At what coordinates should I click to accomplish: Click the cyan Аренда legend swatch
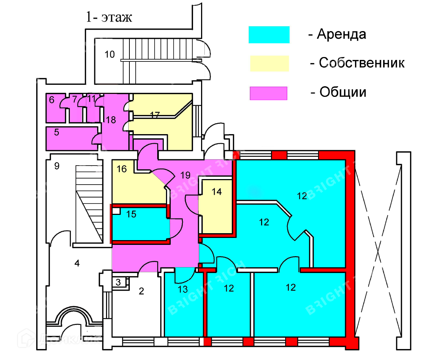click(x=269, y=35)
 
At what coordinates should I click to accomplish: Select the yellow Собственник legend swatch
click(x=269, y=63)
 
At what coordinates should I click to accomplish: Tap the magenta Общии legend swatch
click(x=268, y=93)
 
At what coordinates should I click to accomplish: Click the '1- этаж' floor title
click(x=109, y=17)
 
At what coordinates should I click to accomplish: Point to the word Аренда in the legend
click(x=341, y=34)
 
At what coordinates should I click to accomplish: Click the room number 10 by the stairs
click(x=110, y=54)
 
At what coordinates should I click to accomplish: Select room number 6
click(x=52, y=99)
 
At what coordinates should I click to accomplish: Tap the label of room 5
click(x=57, y=132)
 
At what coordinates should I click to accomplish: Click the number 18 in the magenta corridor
click(x=111, y=120)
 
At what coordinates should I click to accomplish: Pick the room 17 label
click(x=155, y=115)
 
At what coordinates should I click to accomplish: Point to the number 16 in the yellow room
click(x=121, y=168)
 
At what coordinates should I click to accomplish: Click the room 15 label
click(x=131, y=214)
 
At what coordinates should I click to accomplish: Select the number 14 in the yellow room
click(x=216, y=192)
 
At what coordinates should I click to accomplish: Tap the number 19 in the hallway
click(x=185, y=175)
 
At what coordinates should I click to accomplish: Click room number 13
click(x=183, y=289)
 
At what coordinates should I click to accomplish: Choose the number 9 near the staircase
click(x=57, y=166)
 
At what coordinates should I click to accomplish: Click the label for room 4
click(x=77, y=263)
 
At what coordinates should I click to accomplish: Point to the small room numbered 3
click(x=118, y=282)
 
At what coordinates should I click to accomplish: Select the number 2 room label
click(x=141, y=291)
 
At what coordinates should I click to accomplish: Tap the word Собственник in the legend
click(x=362, y=62)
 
